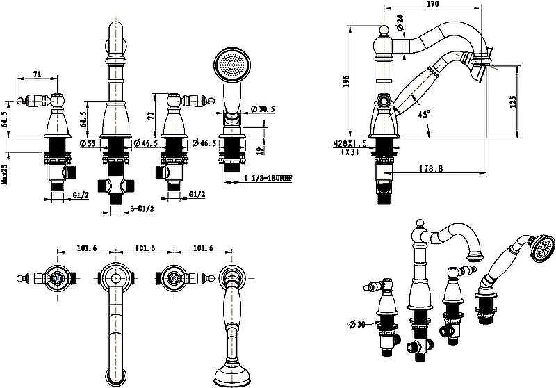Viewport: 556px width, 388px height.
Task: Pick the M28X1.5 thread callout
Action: point(349,144)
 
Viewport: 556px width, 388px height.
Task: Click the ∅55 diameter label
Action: point(88,143)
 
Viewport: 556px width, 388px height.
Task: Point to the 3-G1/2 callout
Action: point(142,208)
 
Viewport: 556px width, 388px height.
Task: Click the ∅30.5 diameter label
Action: point(262,109)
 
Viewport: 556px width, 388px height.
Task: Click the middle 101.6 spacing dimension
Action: point(144,248)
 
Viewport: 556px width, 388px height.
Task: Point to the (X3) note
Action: point(349,152)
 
